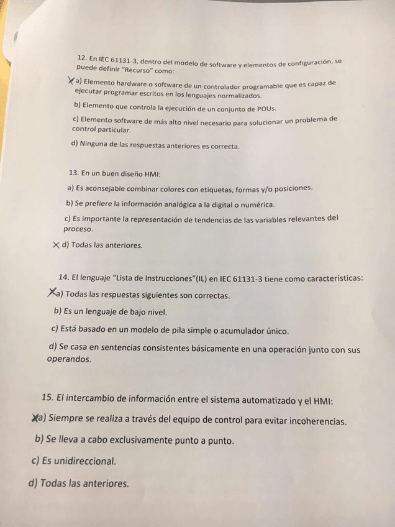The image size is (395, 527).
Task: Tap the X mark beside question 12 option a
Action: point(71,81)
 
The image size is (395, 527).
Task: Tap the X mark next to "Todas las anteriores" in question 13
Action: point(56,244)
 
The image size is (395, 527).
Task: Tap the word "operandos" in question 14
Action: point(69,360)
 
